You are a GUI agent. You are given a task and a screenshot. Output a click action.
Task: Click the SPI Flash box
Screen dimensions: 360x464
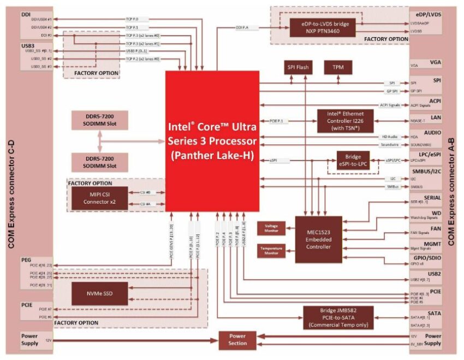[298, 67]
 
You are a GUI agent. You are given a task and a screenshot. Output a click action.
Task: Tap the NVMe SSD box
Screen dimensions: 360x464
[99, 293]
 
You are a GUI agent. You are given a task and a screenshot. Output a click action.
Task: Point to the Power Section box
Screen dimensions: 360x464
[237, 340]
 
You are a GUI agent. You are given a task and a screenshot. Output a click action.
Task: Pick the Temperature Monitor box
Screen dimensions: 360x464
[271, 250]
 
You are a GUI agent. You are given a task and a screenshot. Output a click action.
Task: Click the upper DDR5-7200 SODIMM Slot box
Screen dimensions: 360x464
[99, 121]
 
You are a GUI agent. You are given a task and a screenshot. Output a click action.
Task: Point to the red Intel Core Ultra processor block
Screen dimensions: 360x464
[212, 140]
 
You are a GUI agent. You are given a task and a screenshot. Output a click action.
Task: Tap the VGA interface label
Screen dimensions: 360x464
[435, 63]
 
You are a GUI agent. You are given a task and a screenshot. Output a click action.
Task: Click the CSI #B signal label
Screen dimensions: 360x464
[145, 193]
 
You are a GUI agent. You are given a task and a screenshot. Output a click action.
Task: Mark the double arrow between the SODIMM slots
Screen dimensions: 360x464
[99, 141]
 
